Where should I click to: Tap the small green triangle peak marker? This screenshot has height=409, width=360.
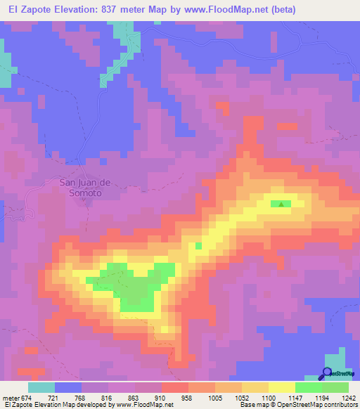click(281, 204)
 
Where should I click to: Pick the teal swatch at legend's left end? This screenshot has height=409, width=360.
click(41, 387)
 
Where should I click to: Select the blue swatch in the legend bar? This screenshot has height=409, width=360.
click(68, 387)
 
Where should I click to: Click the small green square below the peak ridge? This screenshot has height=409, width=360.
click(198, 245)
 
